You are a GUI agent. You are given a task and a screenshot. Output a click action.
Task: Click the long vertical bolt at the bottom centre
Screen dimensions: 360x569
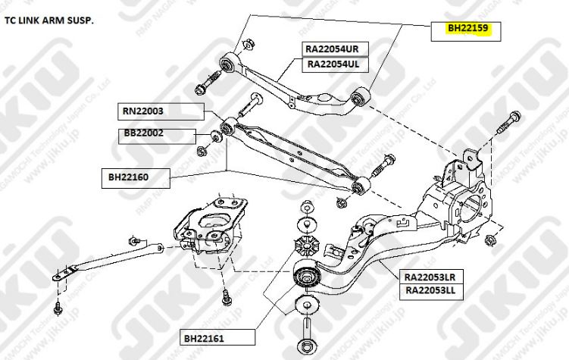pyautogui.click(x=307, y=333)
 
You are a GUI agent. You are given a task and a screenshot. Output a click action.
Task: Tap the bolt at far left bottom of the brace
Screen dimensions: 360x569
pyautogui.click(x=59, y=307)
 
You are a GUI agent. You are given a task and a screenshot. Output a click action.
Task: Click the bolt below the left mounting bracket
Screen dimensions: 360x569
pyautogui.click(x=226, y=296)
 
